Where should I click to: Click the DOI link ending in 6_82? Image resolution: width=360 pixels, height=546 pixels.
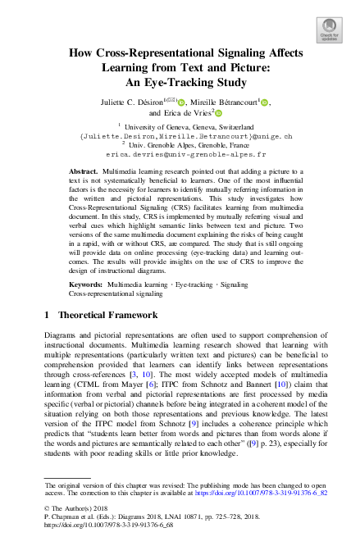[x=266, y=494]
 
